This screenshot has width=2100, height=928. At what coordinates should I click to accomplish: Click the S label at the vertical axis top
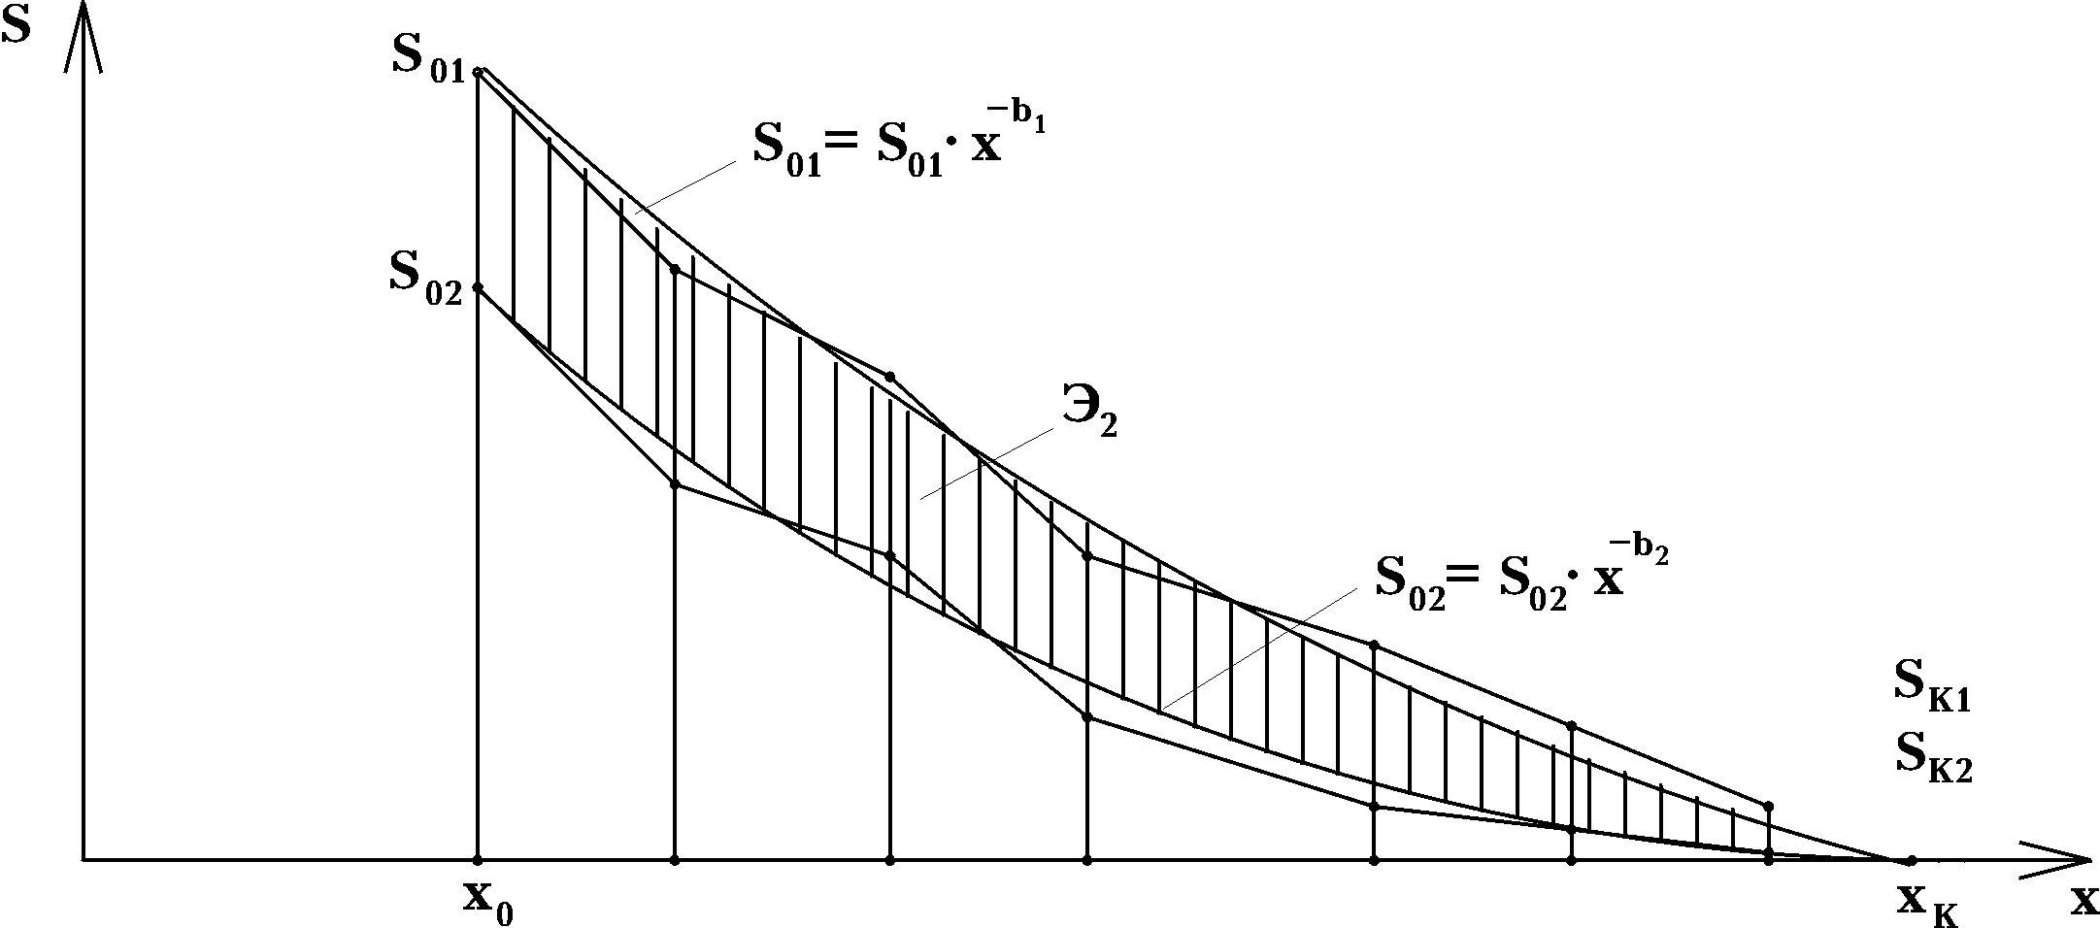[x=17, y=27]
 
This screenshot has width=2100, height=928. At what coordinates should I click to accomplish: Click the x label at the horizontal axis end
[x=2083, y=902]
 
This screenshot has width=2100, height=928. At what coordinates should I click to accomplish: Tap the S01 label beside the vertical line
[x=427, y=59]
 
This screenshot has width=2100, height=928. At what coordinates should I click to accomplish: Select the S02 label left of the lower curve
[x=425, y=276]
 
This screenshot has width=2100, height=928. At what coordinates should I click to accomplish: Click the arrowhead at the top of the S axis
[x=83, y=29]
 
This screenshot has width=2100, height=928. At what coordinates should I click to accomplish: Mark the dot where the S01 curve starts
[x=478, y=72]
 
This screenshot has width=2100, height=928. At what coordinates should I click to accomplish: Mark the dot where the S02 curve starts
[x=478, y=287]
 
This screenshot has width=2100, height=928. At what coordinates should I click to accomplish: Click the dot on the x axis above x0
[x=478, y=860]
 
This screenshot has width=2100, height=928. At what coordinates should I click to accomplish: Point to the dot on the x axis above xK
[x=1911, y=860]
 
